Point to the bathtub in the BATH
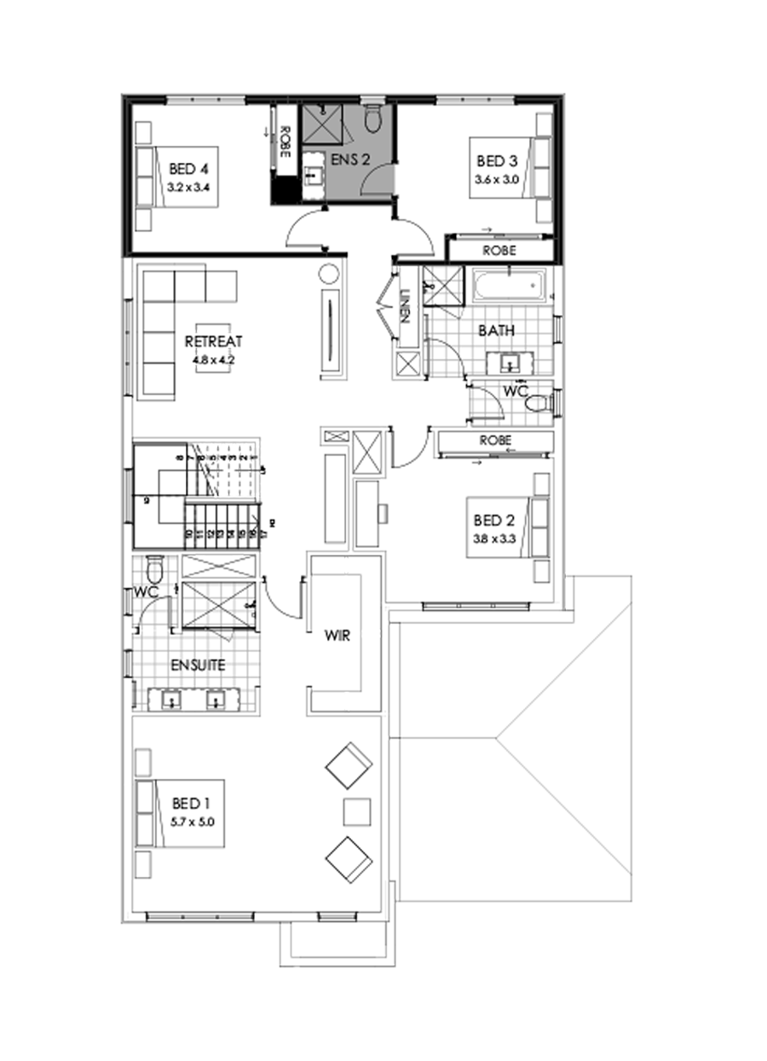click(509, 285)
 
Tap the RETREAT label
click(213, 341)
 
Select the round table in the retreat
click(329, 275)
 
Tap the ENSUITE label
click(197, 665)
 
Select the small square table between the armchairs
click(357, 810)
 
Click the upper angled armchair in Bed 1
click(349, 765)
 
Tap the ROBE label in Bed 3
click(499, 251)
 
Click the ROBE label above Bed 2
click(495, 441)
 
